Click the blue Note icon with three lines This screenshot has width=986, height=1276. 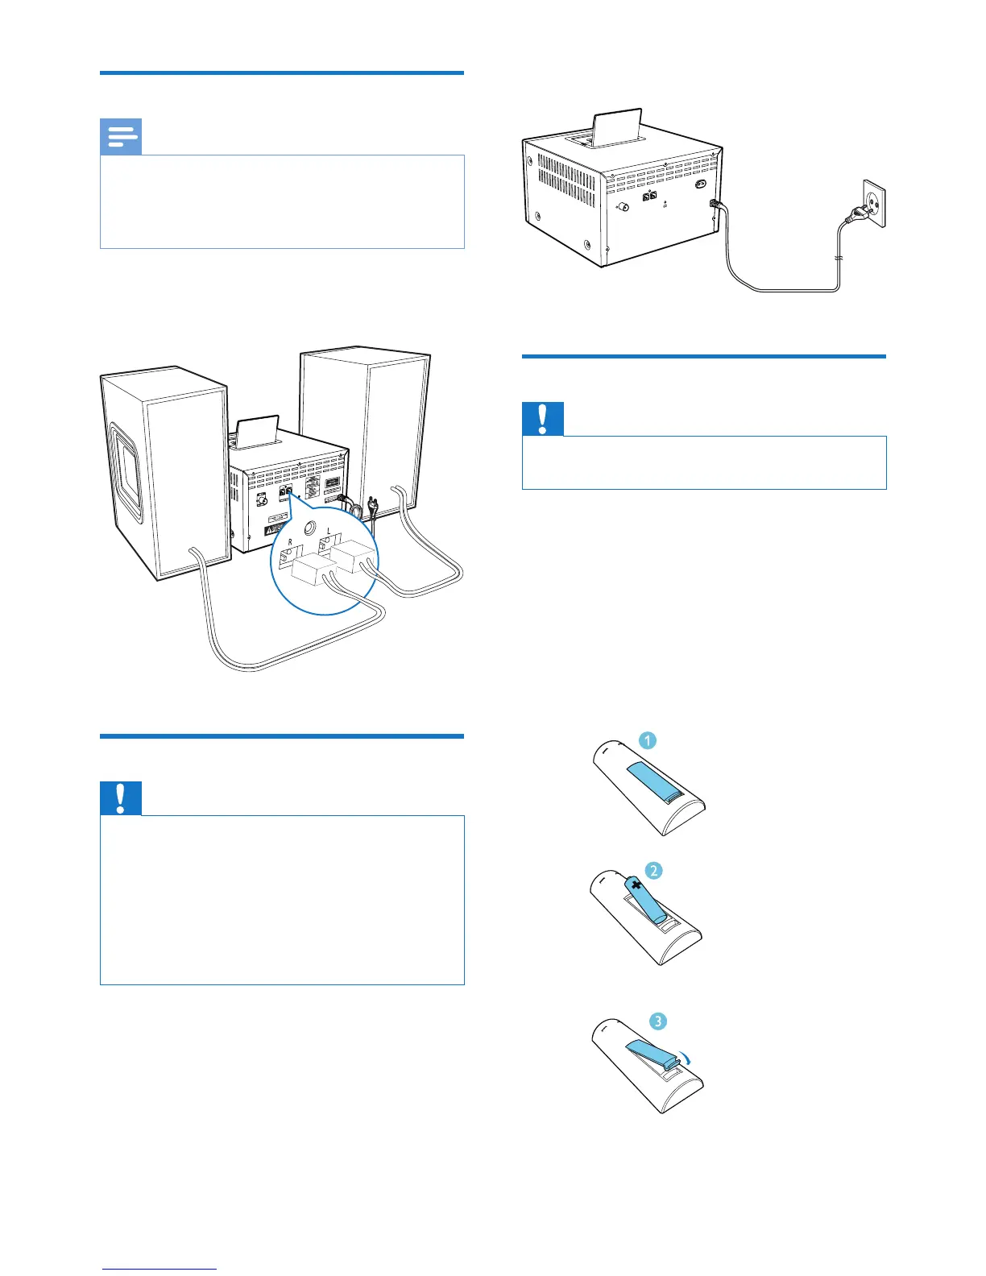coord(121,137)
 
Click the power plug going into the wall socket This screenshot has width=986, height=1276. coord(852,215)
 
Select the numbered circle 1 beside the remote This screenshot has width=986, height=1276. coord(648,740)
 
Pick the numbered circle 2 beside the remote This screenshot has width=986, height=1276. coord(653,870)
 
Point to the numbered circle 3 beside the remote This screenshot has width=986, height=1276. coord(658,1021)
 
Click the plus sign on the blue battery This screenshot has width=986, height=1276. coord(638,885)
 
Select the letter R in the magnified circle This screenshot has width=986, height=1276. coord(290,543)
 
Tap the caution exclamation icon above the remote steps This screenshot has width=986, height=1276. coord(543,419)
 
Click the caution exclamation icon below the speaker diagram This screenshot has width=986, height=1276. coord(121,798)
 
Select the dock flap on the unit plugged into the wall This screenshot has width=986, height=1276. coord(617,126)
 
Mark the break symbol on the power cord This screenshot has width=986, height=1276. coord(839,259)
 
